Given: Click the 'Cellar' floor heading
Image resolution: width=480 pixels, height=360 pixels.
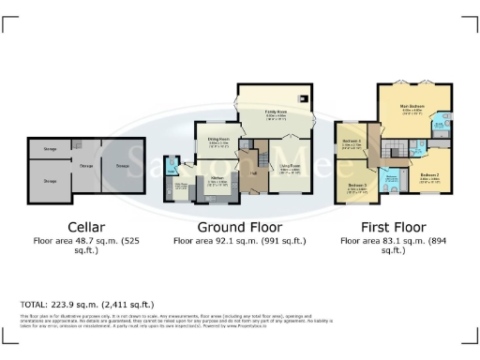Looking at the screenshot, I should click(78, 227).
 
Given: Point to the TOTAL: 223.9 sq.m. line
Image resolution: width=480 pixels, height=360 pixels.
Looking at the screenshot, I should click(87, 305).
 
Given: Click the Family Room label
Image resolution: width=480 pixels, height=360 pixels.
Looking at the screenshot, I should click(276, 112).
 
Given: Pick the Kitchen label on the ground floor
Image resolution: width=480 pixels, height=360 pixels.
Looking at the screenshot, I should click(217, 177).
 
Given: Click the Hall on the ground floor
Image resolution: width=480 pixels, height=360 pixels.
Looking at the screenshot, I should click(253, 174).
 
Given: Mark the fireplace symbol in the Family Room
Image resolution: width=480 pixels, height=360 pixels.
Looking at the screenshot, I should click(302, 98).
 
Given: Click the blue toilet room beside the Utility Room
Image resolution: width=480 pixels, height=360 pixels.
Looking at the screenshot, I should click(172, 168).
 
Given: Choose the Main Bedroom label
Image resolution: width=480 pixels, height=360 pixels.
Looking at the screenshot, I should click(412, 107).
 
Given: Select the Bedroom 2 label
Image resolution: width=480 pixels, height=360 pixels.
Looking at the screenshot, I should click(429, 175).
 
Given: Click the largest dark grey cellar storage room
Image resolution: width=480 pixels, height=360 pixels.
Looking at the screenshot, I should click(51, 181).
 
